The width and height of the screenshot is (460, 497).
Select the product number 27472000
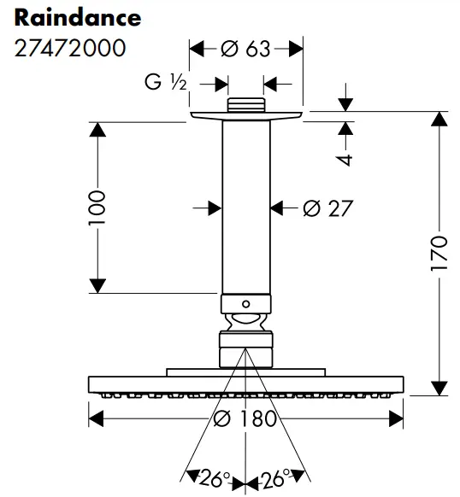[70, 48]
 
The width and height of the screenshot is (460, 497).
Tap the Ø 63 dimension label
[245, 49]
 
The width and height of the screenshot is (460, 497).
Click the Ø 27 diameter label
[327, 208]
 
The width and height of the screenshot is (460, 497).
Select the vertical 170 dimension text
[439, 254]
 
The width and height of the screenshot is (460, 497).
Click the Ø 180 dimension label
[246, 418]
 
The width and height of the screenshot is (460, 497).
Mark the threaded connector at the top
[245, 106]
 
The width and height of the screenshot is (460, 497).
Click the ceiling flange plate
[245, 117]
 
